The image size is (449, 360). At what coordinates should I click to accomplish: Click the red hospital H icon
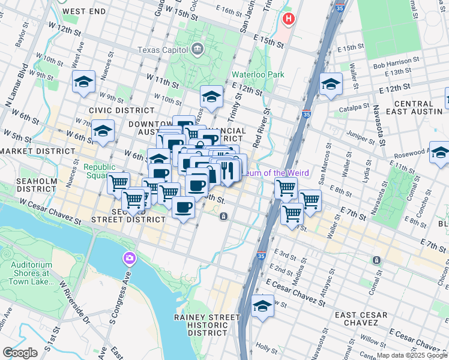tap(289, 19)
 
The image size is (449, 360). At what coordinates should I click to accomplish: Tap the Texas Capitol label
tap(163, 50)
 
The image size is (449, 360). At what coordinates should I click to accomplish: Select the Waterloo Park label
tap(258, 75)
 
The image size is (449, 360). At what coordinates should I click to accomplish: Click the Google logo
tap(20, 352)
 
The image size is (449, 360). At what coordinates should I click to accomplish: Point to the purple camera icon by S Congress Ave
tap(129, 259)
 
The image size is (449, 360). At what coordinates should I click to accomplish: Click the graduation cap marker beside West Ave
tap(84, 83)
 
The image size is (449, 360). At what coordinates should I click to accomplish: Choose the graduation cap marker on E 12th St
tap(331, 85)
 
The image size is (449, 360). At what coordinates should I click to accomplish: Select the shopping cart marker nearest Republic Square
tap(119, 184)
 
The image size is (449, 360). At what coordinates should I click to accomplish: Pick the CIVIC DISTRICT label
tap(121, 110)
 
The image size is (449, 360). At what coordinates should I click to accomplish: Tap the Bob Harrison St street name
tap(396, 61)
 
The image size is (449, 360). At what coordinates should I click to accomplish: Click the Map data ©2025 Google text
tap(412, 355)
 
